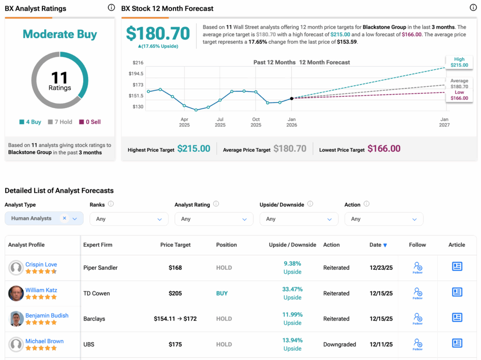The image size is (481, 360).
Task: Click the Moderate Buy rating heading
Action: click(x=60, y=34)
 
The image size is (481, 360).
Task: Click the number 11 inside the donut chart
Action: click(x=60, y=78)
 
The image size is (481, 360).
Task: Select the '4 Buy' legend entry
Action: click(x=30, y=122)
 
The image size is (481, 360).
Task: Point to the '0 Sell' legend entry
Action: click(x=90, y=122)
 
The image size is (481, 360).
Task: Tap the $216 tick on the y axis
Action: click(x=138, y=63)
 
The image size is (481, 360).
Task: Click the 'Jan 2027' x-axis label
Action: click(x=444, y=122)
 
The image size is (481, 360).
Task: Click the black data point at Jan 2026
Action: click(x=292, y=98)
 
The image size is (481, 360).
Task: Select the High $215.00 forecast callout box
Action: click(x=459, y=62)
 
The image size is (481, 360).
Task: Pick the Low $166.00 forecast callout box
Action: click(x=459, y=95)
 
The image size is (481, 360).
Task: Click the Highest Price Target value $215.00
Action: click(x=194, y=149)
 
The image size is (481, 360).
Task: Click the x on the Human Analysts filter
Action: click(x=64, y=218)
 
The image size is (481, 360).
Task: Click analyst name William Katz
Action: click(x=41, y=290)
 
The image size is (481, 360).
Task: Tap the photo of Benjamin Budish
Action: click(x=16, y=319)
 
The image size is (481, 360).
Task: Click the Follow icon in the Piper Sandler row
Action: click(x=418, y=267)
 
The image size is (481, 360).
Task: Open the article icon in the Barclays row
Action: click(x=457, y=318)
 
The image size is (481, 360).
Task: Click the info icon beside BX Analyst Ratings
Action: click(x=111, y=8)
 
